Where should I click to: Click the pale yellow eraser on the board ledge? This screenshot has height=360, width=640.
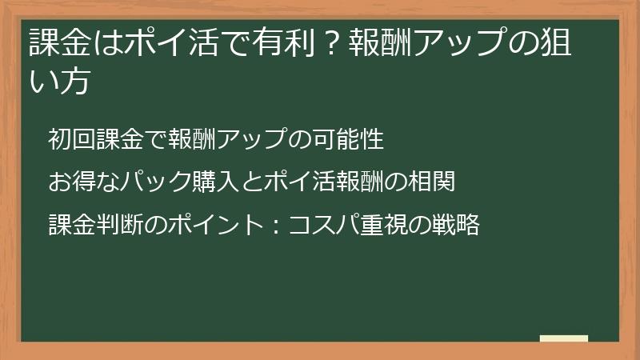(x=564, y=339)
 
